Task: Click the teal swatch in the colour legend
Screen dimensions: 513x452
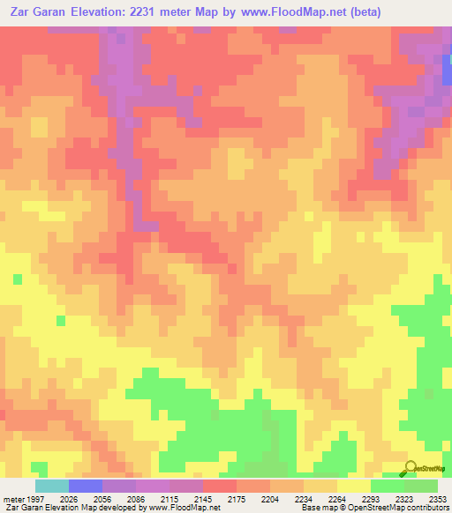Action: click(52, 486)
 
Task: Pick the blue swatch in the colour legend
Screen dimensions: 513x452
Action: click(86, 486)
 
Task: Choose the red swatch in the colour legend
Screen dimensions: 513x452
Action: click(220, 486)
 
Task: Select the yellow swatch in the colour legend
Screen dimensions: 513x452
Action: click(354, 486)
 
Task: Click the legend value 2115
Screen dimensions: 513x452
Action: click(168, 499)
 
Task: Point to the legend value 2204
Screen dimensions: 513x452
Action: click(268, 499)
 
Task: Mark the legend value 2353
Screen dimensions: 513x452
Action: click(438, 499)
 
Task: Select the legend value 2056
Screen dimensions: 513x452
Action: click(101, 499)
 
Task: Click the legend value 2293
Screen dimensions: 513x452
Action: click(370, 499)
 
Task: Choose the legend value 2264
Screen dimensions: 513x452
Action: click(336, 499)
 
